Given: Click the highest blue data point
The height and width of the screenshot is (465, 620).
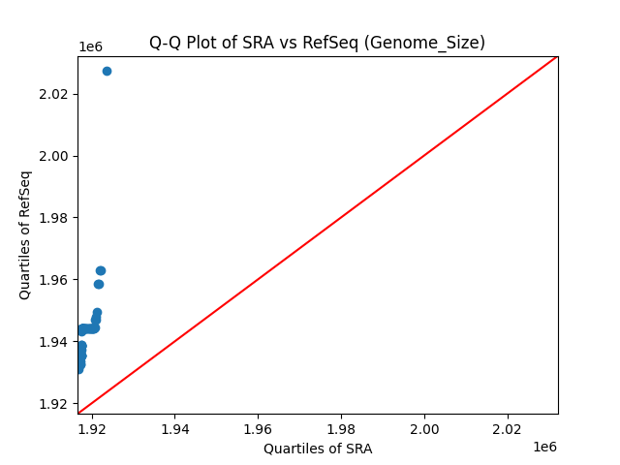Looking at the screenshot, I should [x=107, y=71].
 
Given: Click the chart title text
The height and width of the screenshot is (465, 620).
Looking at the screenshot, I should [x=317, y=43].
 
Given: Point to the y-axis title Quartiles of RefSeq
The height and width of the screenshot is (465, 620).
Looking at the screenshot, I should [x=25, y=234].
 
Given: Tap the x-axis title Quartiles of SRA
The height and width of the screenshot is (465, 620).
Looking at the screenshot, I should [x=318, y=449].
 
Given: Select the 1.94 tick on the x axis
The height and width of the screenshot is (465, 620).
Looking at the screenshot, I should [x=175, y=428].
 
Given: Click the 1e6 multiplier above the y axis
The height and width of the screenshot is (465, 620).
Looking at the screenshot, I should [x=90, y=47].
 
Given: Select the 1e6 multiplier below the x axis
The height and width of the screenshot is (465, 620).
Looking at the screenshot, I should [x=544, y=447].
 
